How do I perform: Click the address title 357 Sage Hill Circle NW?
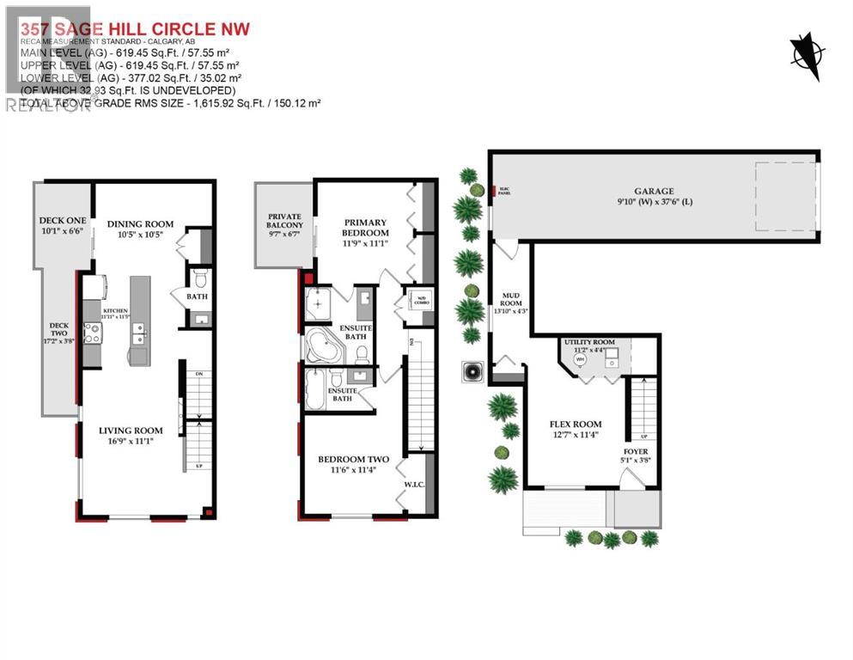(x=135, y=29)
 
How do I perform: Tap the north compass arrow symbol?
(x=805, y=51)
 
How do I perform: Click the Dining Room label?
(x=140, y=224)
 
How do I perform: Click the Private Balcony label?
(x=285, y=221)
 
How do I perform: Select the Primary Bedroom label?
(x=366, y=227)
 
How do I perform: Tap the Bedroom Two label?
(x=353, y=459)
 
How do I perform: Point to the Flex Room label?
(x=575, y=424)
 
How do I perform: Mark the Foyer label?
(x=636, y=451)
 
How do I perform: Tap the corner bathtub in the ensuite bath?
(x=324, y=346)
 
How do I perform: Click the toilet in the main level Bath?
(x=199, y=278)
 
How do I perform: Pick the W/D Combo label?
(x=421, y=301)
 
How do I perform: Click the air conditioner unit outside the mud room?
(x=472, y=372)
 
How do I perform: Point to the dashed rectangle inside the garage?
(x=785, y=196)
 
